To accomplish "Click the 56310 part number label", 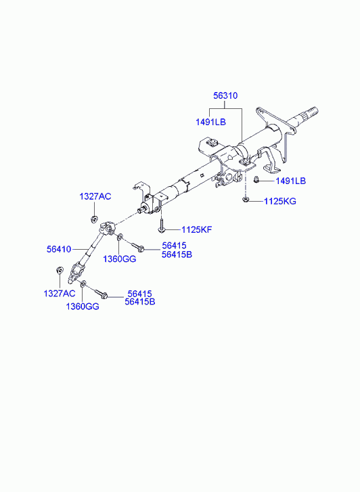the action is coord(225,95).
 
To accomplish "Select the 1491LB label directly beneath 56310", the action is coord(210,122).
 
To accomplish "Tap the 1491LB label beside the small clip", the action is coord(290,181).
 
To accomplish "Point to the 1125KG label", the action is coord(280,201).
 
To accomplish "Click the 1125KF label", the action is coord(197,229).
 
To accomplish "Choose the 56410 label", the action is coord(59,250).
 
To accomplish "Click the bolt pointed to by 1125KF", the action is coord(161,226).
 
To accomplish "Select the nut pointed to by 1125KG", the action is coord(246,199).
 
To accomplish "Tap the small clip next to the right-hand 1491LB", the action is coord(256,180).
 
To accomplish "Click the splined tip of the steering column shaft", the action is coord(311,112).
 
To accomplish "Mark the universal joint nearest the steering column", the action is coord(107,229).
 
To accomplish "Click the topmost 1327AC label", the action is coord(95,197).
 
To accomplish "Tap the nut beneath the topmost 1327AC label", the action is coord(93,219).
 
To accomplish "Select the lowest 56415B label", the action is coord(140,302).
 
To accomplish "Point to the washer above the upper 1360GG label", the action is coord(120,238).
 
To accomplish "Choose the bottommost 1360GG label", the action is coord(83,307).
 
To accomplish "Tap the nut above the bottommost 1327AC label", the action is coord(59,270).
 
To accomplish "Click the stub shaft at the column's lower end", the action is coord(143,210).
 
